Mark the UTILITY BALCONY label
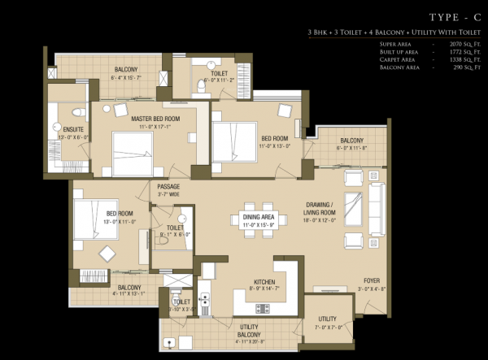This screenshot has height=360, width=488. click(249, 329)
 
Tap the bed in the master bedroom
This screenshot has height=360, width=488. click(132, 150)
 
